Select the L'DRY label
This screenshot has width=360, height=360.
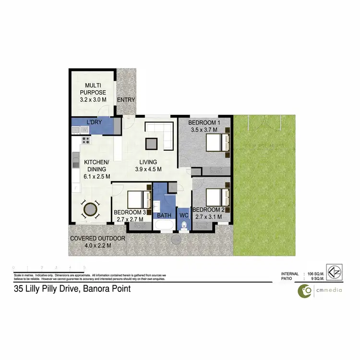click(94, 123)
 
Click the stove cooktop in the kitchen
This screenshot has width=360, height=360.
click(86, 141)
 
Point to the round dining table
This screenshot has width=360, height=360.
click(90, 210)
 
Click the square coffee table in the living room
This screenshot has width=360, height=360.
click(152, 144)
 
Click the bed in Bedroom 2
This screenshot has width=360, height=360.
click(217, 196)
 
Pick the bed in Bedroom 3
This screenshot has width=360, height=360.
click(140, 198)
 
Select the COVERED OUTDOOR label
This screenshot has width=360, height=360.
click(98, 239)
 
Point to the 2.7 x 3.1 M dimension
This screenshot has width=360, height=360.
click(209, 217)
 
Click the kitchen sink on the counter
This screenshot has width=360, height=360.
click(76, 160)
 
